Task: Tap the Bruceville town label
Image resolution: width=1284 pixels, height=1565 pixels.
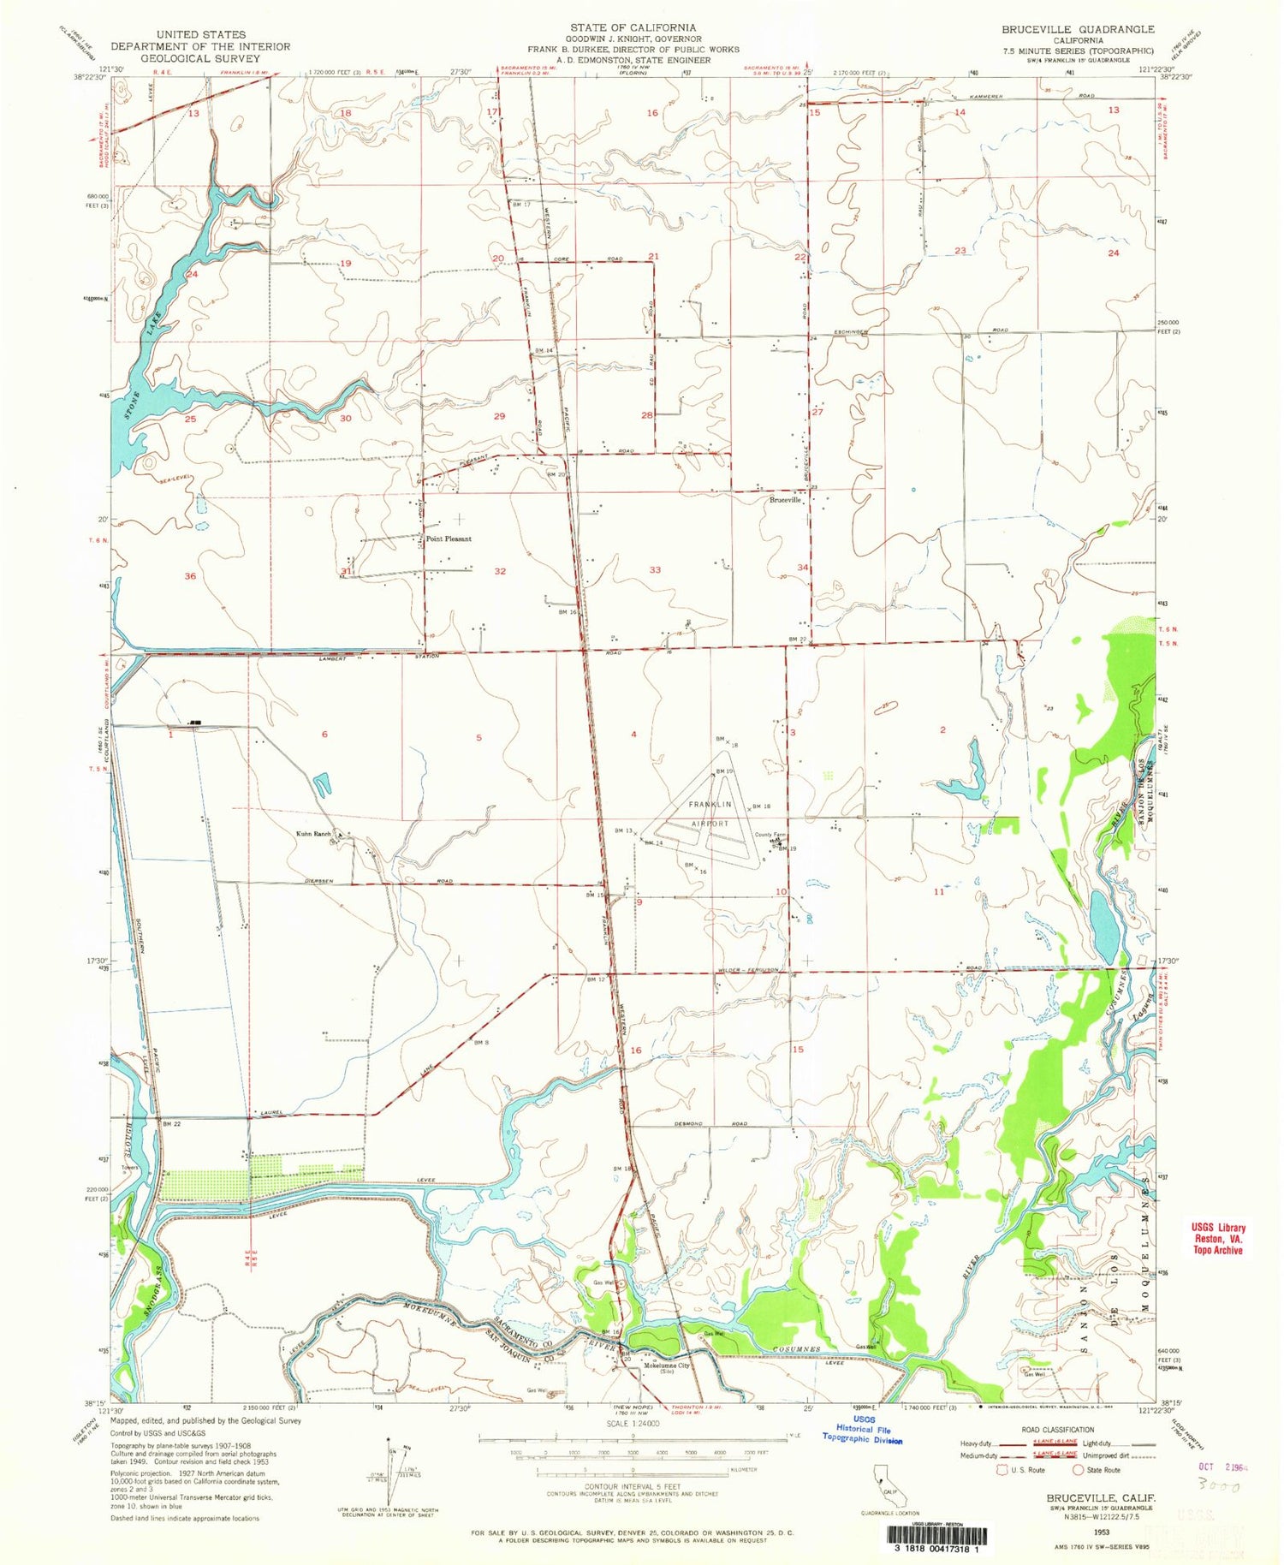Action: pos(785,500)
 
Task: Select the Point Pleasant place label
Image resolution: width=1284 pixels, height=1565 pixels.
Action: pos(449,539)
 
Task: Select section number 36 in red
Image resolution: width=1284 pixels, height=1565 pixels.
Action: pos(190,576)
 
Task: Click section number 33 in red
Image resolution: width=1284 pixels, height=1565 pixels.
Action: pos(655,569)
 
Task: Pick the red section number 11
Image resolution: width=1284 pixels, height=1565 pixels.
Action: pos(938,892)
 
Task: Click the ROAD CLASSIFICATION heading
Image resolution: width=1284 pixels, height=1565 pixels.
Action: pos(1057,1430)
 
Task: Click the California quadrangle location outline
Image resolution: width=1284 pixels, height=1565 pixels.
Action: pos(883,1479)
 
